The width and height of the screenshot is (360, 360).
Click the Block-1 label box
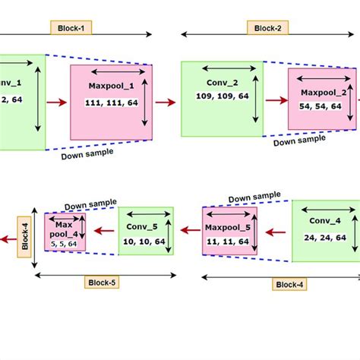coord(72,28)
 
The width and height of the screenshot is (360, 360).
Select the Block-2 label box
coord(267,28)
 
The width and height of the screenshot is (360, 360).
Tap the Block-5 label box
coord(100,282)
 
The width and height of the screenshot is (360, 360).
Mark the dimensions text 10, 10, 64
coord(145,241)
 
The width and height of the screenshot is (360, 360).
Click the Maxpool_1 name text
coord(111,86)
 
